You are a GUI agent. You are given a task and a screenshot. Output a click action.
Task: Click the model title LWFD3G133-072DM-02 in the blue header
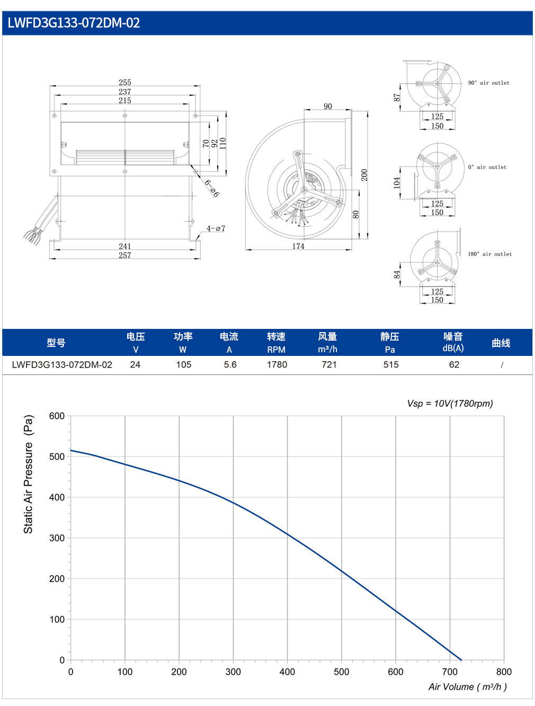pos(74,23)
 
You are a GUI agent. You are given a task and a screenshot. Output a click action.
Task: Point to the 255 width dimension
pos(125,82)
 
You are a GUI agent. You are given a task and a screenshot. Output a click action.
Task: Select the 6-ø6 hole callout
pos(212,189)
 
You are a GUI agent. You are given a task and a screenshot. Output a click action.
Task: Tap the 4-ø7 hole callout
pos(216,228)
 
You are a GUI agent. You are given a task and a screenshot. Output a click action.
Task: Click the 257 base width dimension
pos(125,255)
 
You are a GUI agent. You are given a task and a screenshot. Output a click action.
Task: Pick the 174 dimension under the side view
pos(298,246)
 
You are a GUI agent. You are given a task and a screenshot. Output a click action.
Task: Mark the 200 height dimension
pos(364,175)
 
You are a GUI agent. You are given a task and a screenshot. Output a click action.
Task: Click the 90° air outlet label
pos(488,83)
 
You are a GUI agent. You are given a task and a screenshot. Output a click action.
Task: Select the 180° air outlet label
pos(489,254)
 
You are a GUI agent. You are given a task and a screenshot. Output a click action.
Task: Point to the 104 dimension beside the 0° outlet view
pos(397,183)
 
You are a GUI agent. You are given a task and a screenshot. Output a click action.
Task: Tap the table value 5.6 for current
pos(230,364)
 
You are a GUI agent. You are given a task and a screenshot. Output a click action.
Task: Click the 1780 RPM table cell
pos(277,364)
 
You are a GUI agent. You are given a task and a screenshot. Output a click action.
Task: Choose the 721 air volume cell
pos(329,364)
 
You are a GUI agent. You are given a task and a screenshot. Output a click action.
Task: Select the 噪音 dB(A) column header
pos(453,342)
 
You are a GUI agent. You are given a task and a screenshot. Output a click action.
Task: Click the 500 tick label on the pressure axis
pos(57,457)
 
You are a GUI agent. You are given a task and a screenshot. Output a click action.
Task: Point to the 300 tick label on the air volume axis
pos(233,672)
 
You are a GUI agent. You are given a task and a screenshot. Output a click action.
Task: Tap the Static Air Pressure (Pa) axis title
pos(28,474)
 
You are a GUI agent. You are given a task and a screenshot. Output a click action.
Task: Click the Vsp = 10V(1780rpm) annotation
pos(450,404)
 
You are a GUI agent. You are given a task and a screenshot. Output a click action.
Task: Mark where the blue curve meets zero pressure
pos(461,660)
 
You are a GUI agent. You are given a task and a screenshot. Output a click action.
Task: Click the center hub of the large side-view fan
pos(304,190)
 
